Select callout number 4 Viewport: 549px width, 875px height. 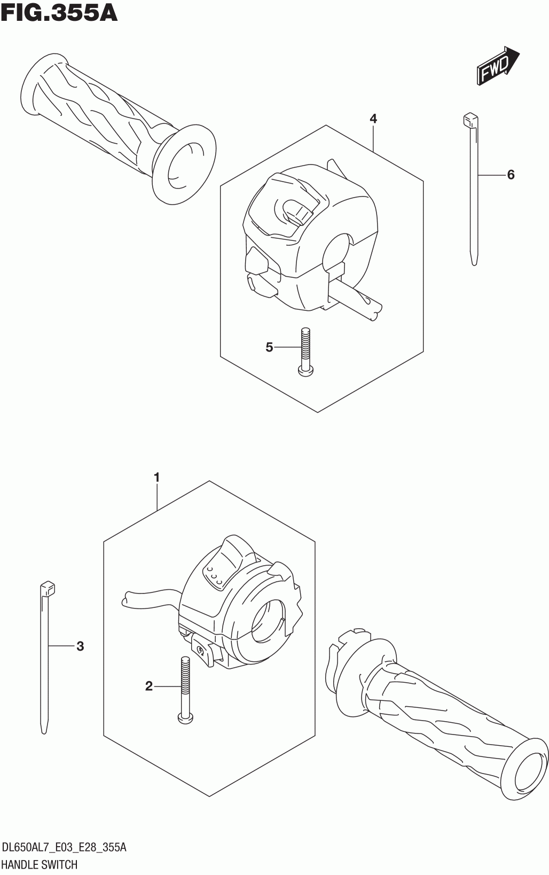373,119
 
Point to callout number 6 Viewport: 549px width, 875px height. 511,175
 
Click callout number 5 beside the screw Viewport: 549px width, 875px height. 269,348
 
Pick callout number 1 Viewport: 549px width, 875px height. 156,477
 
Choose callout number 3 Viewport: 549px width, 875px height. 80,647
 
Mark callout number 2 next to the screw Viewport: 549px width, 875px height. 149,686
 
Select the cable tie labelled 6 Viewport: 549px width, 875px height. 473,192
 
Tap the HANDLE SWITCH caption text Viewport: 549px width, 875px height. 40,864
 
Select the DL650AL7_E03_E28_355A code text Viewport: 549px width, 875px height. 64,848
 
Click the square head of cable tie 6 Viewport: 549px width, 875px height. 469,119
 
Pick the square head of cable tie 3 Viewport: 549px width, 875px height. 48,588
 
